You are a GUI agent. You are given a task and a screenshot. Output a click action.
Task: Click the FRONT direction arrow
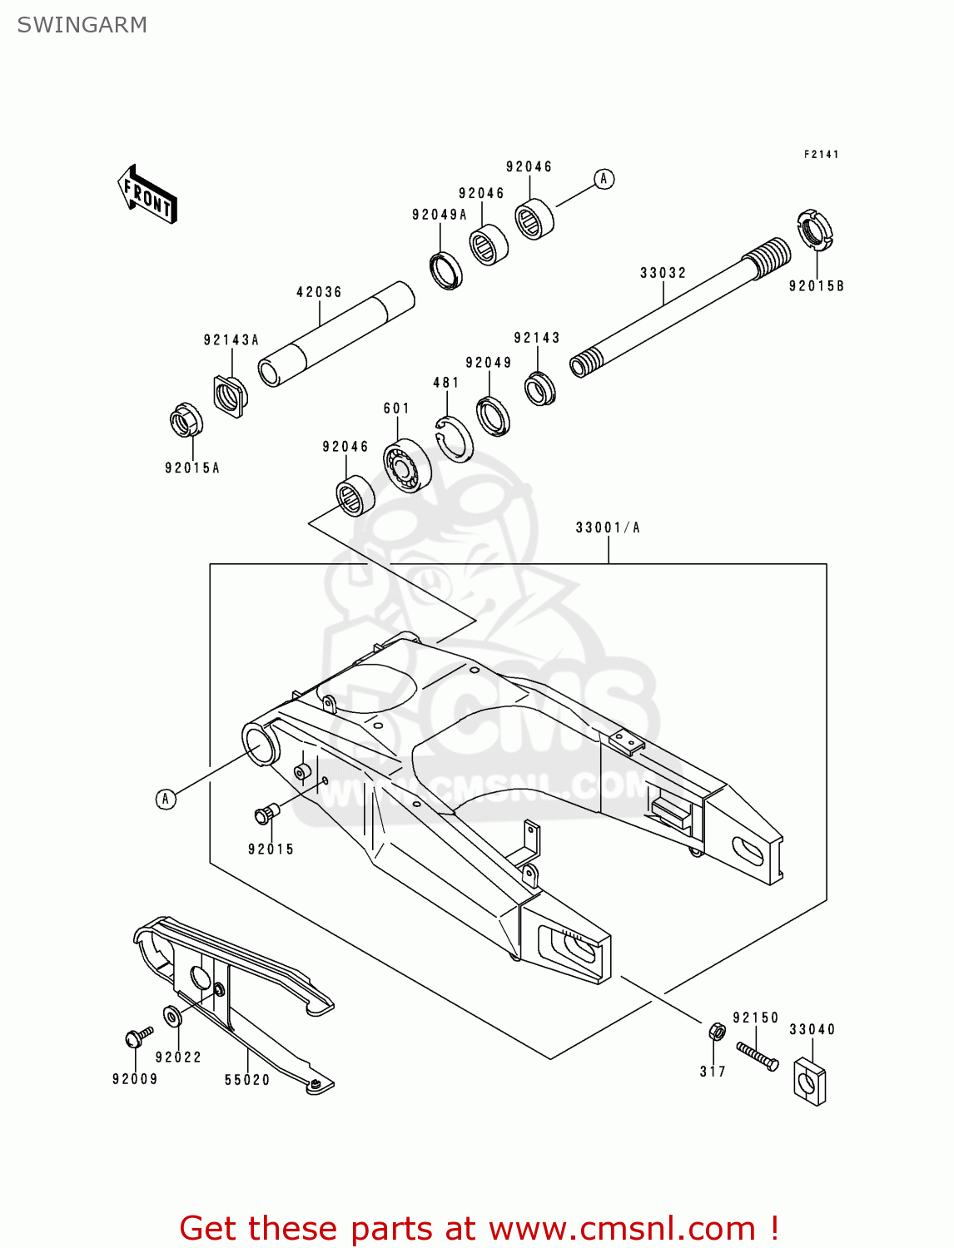[x=147, y=195]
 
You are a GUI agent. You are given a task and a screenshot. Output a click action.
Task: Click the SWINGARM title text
[x=82, y=25]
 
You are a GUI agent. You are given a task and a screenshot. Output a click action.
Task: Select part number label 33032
[x=663, y=273]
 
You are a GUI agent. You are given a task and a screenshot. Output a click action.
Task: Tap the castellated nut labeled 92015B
[x=813, y=230]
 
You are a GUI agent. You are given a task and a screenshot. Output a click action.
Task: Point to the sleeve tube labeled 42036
[x=335, y=334]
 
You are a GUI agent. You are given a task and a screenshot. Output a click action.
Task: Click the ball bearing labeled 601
[x=407, y=464]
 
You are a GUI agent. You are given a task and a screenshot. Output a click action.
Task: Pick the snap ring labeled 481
[x=455, y=438]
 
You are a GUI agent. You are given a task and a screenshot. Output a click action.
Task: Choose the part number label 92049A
[x=439, y=215]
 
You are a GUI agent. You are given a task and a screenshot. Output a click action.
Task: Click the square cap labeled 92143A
[x=229, y=394]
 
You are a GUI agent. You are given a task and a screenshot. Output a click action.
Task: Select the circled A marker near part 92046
[x=604, y=179]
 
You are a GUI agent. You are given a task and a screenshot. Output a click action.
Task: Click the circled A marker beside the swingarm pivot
[x=166, y=799]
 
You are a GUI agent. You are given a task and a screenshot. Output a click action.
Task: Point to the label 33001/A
[x=608, y=527]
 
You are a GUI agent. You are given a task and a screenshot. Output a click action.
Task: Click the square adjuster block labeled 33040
[x=809, y=1081]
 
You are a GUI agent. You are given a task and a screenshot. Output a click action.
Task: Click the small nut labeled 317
[x=715, y=1032]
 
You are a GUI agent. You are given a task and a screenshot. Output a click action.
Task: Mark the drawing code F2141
[x=821, y=155]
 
